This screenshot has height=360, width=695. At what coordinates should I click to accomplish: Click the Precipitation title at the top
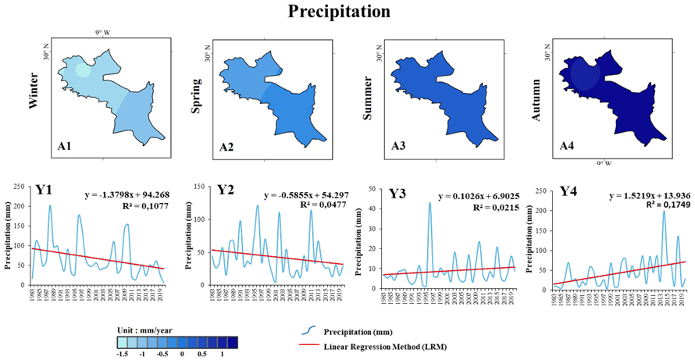338,12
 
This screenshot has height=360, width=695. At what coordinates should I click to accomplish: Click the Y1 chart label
45,189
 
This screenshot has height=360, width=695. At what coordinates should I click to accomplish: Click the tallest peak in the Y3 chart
429,203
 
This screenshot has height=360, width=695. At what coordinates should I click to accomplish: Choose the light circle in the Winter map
84,70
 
